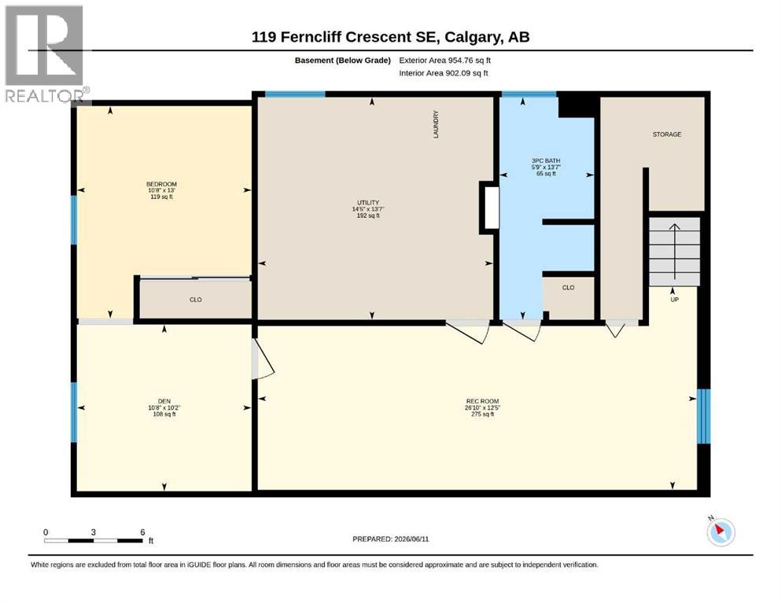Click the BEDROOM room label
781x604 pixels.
(161, 184)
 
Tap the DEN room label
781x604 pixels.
(164, 401)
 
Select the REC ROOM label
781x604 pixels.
(482, 401)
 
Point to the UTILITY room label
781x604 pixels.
(368, 203)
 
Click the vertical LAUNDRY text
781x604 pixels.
(436, 124)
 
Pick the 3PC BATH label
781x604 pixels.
(546, 161)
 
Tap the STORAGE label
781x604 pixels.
(667, 134)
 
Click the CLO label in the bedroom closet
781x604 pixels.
(196, 300)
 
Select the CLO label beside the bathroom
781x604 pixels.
(569, 288)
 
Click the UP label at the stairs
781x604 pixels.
(674, 300)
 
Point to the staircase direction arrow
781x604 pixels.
(674, 252)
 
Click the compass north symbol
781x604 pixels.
(720, 532)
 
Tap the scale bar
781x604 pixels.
(94, 540)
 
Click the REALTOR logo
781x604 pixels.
(46, 53)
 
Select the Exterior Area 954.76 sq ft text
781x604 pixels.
(445, 61)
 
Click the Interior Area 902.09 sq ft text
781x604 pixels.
(444, 73)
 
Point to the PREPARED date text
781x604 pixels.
(390, 539)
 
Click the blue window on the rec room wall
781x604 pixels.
(703, 416)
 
